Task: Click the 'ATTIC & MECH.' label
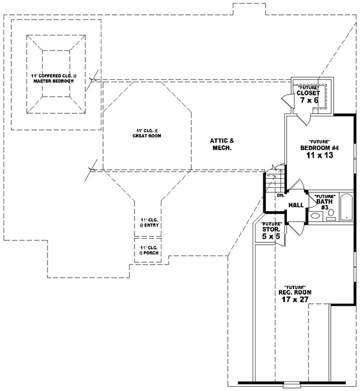(221, 144)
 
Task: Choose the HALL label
(295, 205)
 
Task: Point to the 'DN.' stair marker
(280, 196)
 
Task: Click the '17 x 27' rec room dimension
(295, 299)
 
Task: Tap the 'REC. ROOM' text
(295, 292)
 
